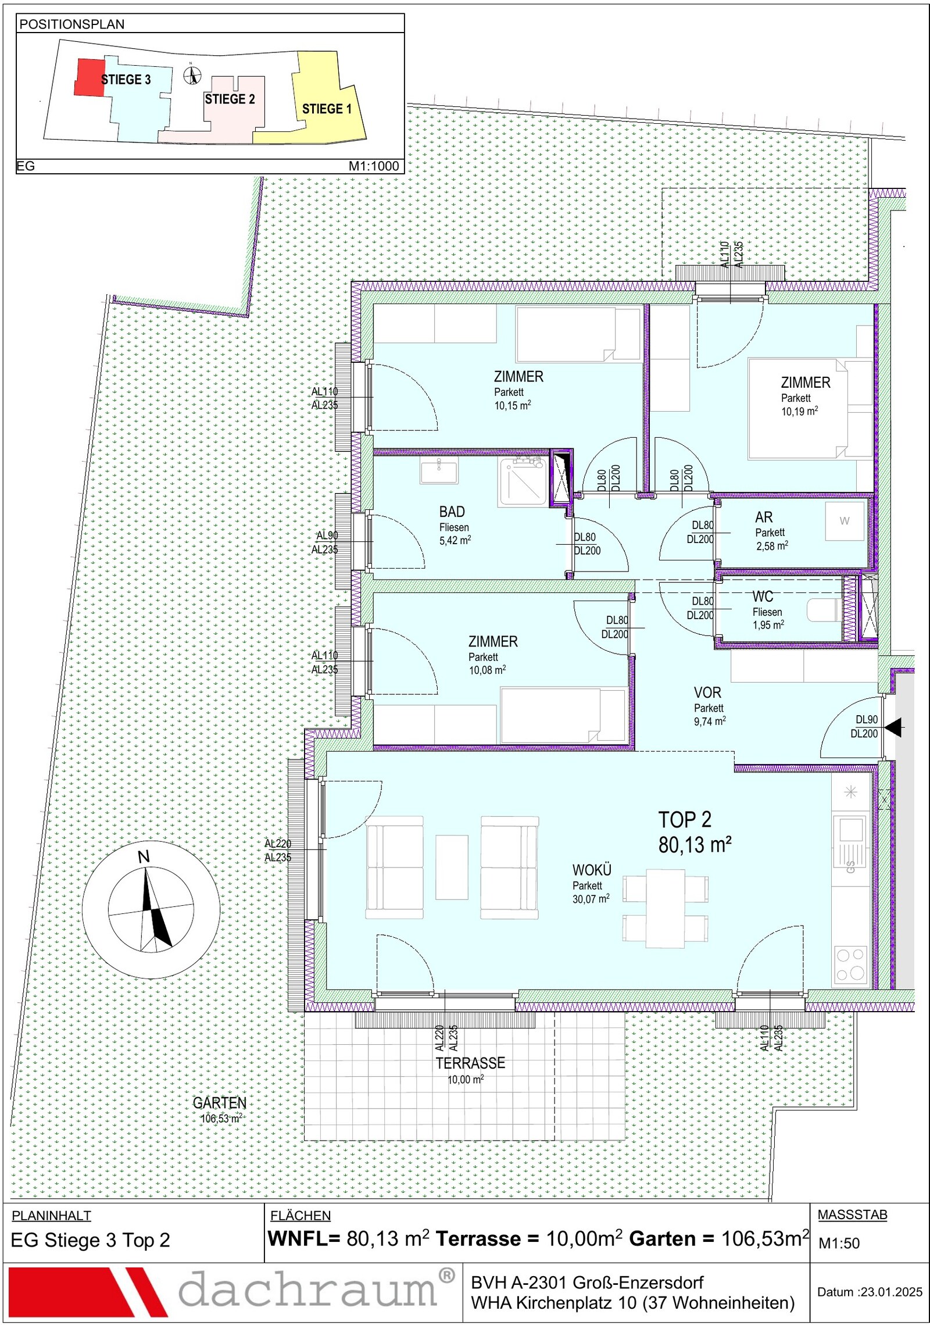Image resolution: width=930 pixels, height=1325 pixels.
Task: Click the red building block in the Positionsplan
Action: pos(90,77)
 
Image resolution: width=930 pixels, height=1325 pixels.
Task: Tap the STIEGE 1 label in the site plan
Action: pos(327,109)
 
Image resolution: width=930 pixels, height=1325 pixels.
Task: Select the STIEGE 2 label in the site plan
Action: pos(230,99)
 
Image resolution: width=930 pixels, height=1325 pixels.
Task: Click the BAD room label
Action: pos(452,512)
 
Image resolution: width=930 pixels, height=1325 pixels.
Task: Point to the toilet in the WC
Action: pos(824,610)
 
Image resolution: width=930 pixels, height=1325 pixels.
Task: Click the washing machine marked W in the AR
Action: pos(845,521)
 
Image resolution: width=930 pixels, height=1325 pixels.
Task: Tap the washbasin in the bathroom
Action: pos(439,469)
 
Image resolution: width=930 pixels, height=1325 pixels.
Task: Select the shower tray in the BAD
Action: pos(522,481)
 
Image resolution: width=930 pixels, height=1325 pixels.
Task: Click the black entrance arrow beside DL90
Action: pos(893,727)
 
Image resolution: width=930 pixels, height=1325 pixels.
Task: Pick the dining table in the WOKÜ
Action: pos(666,908)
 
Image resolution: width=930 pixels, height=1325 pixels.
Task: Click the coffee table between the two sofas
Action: pos(452,867)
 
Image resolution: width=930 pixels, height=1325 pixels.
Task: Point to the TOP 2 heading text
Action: pos(685,820)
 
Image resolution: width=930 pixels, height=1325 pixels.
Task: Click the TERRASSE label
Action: pos(470,1063)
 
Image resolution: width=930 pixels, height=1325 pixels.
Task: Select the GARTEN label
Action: pos(220,1103)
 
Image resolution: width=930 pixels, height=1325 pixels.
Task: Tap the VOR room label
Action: pos(707,692)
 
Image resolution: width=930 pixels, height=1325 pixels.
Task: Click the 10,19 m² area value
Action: pos(799,411)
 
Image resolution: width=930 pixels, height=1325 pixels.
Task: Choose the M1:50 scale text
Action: pos(839,1243)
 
